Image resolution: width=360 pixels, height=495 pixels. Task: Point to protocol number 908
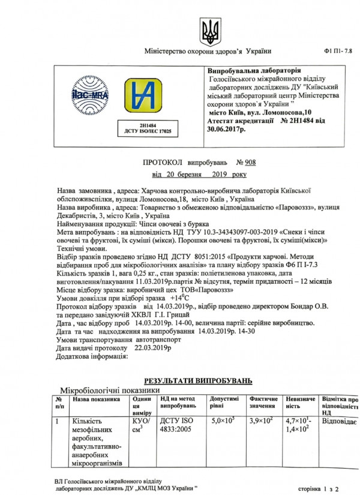(x=245, y=162)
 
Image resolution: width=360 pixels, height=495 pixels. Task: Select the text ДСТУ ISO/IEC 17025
(x=147, y=130)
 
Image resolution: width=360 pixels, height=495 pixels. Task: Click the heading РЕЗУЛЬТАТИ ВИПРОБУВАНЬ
(x=198, y=381)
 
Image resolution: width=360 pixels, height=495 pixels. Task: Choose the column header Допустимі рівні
(x=224, y=402)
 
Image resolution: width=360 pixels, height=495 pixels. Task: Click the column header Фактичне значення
(x=263, y=402)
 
